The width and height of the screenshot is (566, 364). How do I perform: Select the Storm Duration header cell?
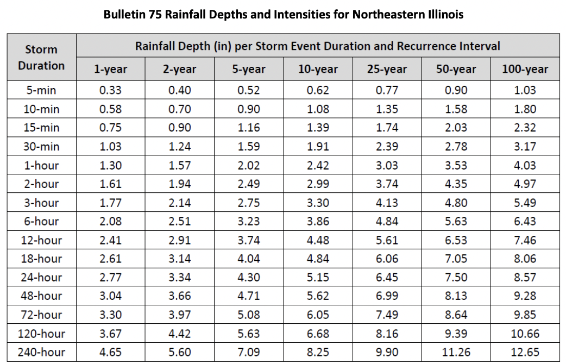41,58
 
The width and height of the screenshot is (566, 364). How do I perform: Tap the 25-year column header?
387,69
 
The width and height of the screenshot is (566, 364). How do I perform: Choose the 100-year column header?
525,69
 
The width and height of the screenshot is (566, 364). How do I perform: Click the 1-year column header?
110,69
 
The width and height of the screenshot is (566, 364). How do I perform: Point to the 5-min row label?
41,90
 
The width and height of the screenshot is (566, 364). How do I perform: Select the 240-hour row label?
41,352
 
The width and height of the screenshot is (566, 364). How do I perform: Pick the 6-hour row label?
41,221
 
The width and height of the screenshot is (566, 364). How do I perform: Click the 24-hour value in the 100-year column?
525,277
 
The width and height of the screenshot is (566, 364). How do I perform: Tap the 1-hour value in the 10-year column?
318,165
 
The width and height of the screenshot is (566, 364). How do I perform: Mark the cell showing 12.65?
525,352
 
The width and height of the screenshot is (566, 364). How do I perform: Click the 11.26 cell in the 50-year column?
456,352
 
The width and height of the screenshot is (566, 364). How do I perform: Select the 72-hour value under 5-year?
249,315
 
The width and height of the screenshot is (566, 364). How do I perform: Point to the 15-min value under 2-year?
180,128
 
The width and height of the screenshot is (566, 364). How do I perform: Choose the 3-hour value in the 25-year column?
387,203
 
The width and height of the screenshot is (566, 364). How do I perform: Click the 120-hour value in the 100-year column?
525,334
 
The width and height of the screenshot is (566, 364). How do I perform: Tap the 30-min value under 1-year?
110,147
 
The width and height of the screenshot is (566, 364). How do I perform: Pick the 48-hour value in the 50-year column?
456,296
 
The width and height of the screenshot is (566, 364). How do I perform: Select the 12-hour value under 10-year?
318,240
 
